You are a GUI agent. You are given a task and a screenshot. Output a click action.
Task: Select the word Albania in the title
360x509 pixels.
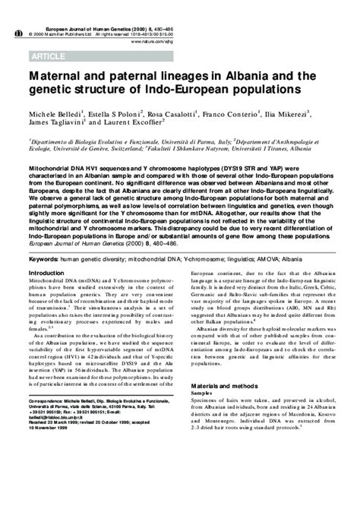click(x=255, y=76)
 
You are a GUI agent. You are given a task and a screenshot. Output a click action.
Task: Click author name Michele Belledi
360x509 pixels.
click(x=54, y=112)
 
